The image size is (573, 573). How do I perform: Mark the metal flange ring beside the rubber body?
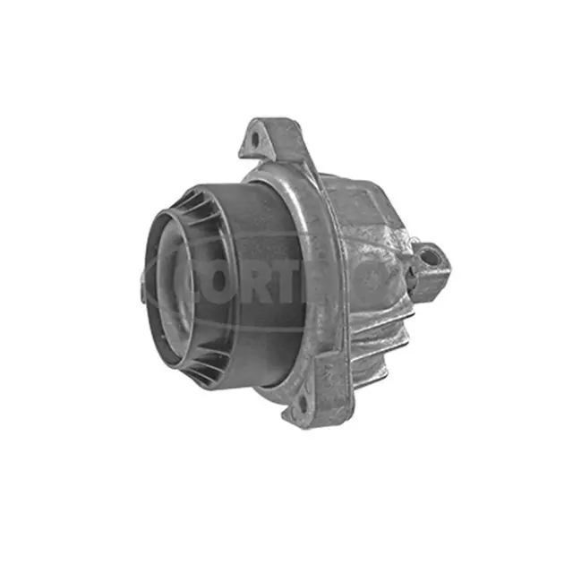(313, 233)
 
